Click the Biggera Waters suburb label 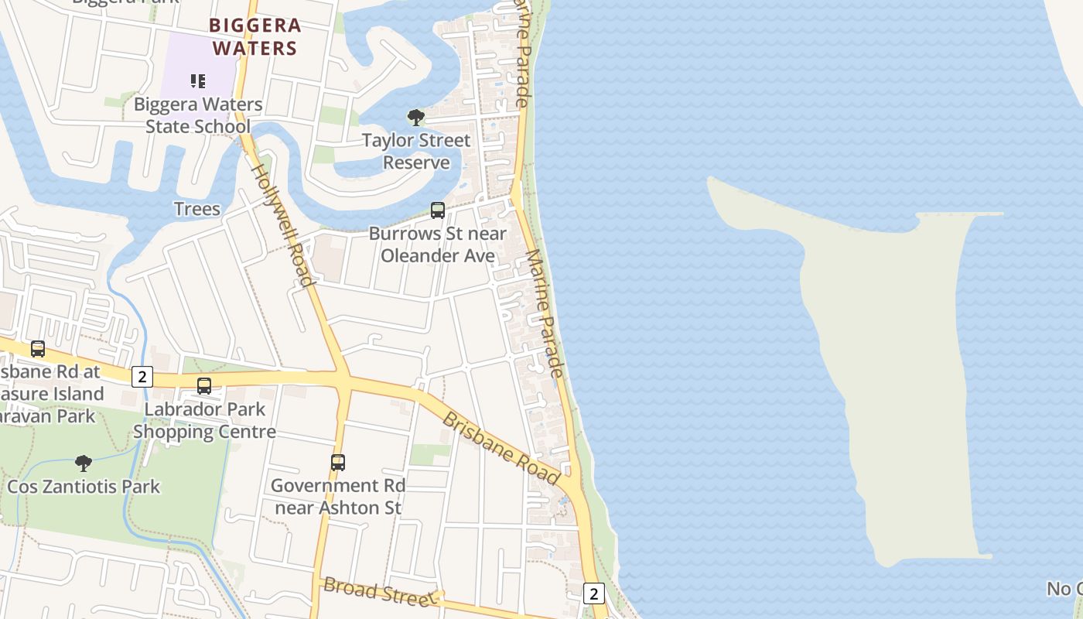[255, 37]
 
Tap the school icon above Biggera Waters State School [198, 80]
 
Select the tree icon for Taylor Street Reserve [416, 118]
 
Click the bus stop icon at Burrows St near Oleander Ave [438, 210]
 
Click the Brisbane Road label [501, 448]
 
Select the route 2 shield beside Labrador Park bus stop [142, 377]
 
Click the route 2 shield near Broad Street [593, 593]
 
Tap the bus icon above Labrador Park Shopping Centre [204, 385]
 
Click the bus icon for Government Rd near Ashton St [338, 462]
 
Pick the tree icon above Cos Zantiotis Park [84, 463]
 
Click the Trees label [197, 209]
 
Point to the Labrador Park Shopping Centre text [205, 420]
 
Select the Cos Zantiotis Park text [84, 487]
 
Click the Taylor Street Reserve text [416, 151]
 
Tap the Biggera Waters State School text [198, 115]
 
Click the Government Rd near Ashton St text [338, 496]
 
